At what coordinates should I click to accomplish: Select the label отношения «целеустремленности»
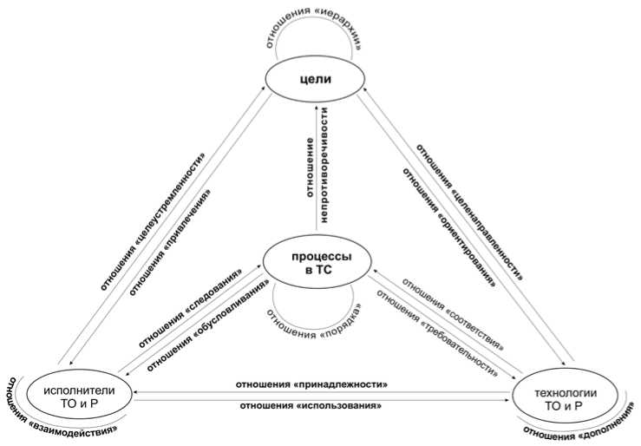(x=157, y=221)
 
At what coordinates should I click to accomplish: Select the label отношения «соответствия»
(x=455, y=307)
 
